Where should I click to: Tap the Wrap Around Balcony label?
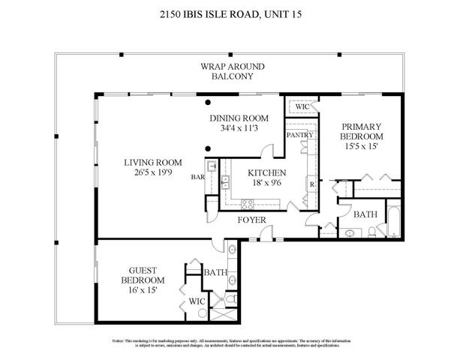pos(232,71)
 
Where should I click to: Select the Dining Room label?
pos(239,118)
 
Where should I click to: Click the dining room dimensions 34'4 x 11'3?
pos(239,128)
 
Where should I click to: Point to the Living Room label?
pos(153,163)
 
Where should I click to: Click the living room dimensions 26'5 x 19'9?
pos(153,173)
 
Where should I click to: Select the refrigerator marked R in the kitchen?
pos(311,184)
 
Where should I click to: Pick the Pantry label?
pos(299,135)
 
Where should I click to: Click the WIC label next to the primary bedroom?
pos(302,107)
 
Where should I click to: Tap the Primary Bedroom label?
pos(361,132)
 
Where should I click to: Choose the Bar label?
pos(198,177)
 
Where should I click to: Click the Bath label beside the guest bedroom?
pos(215,272)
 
